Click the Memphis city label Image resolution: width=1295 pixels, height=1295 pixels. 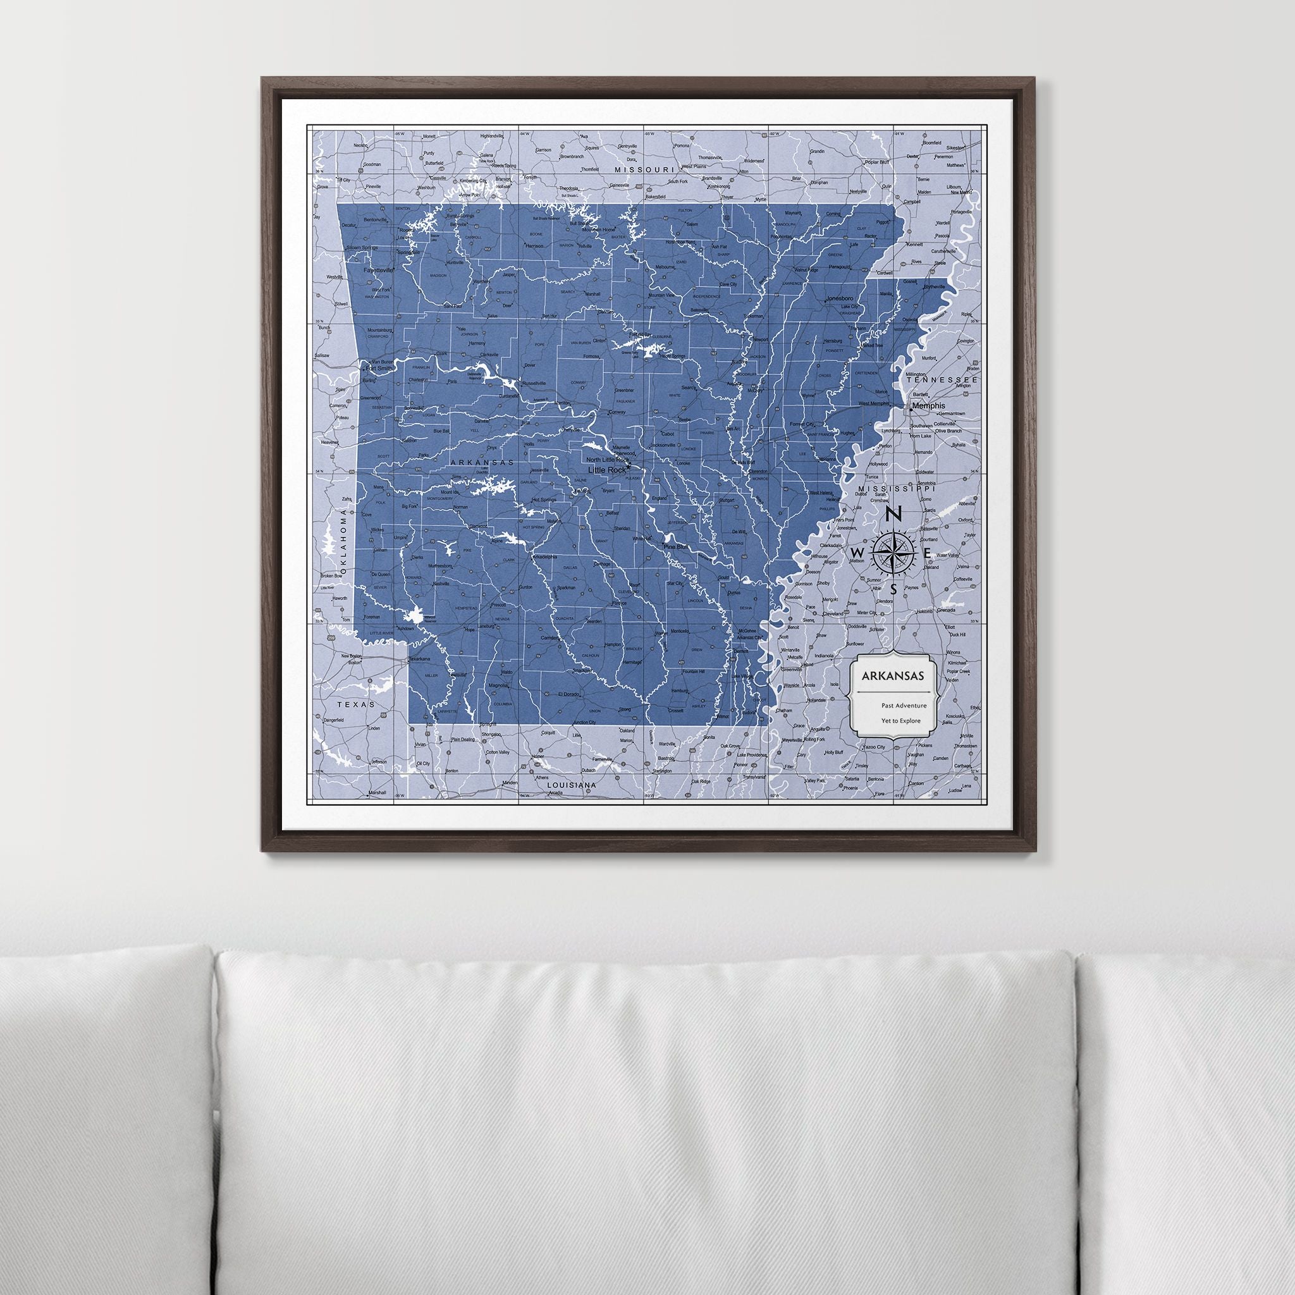coord(929,405)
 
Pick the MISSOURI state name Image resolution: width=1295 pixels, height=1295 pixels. coord(644,170)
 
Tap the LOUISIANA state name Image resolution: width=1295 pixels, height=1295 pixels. coord(572,784)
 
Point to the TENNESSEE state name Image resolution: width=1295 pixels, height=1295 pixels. coord(942,380)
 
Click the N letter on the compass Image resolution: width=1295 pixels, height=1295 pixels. coord(893,515)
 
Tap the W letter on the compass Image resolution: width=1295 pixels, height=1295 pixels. coord(856,551)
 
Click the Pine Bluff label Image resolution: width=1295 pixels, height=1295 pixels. coord(676,547)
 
